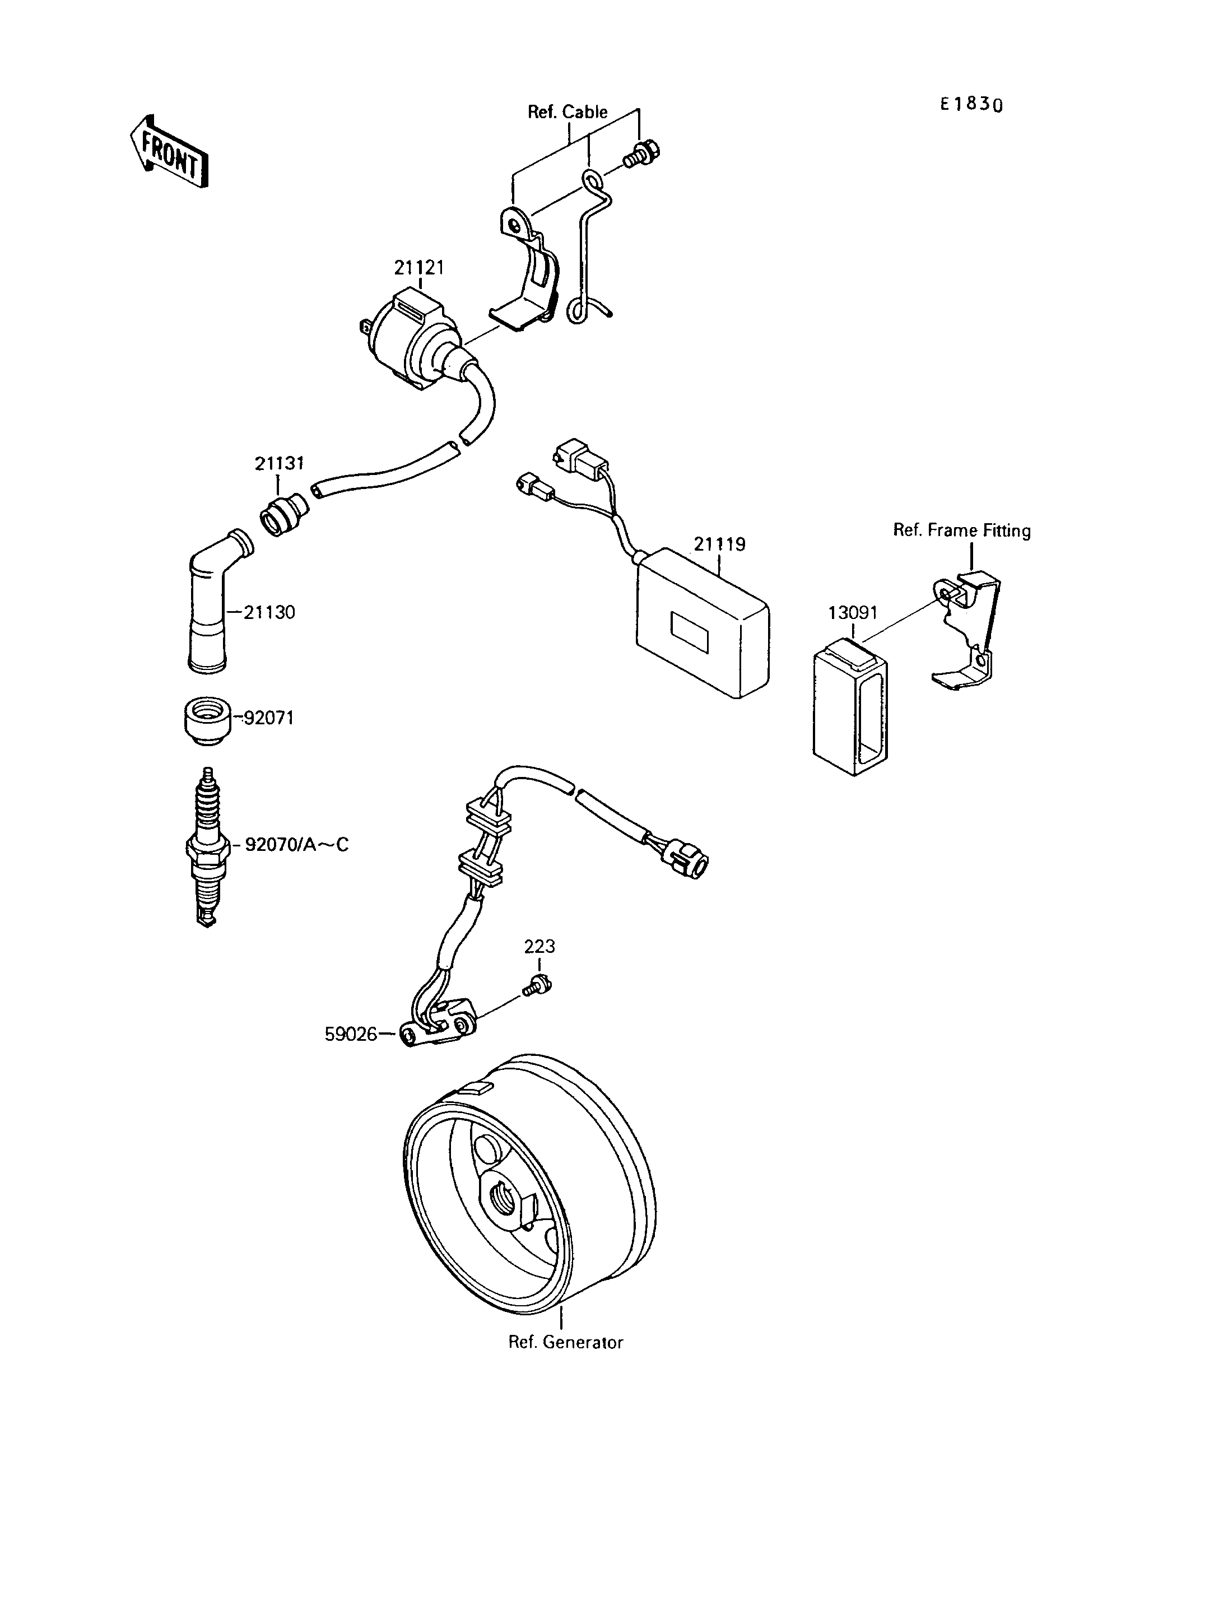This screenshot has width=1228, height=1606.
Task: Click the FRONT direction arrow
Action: pos(169,151)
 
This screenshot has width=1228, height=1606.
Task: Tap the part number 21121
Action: pos(420,268)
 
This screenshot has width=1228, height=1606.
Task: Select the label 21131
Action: pos(279,463)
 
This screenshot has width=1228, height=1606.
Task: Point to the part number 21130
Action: pos(269,613)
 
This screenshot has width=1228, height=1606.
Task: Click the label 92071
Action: pos(268,719)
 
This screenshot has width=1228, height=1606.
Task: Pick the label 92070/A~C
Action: pos(297,845)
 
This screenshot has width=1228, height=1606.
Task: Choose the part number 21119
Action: pos(720,544)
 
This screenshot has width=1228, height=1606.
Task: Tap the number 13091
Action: pos(853,613)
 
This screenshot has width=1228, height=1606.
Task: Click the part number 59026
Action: pos(351,1035)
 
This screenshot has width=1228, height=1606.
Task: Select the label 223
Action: pos(539,947)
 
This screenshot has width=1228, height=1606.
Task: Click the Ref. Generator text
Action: pos(566,1343)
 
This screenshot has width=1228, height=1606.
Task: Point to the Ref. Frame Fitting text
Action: pos(962,530)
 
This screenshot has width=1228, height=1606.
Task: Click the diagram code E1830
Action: pos(971,105)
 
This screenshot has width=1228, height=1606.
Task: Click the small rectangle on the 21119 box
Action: pos(689,632)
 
